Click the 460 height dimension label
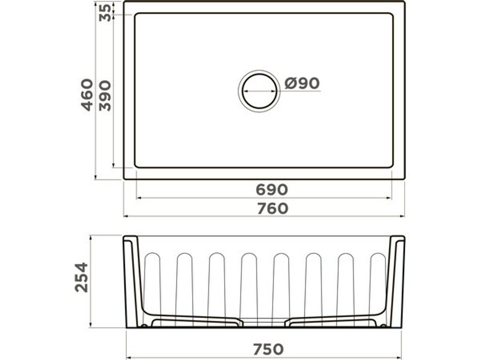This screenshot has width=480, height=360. point(87,95)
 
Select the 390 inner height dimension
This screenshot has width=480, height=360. point(105,96)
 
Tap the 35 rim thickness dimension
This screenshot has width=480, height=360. point(105,12)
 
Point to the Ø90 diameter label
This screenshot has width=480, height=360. point(302,83)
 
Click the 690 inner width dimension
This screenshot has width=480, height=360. point(272,190)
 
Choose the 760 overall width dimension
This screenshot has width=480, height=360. point(273,208)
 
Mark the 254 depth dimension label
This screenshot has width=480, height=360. point(82,277)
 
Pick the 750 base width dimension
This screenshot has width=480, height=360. point(268,349)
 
